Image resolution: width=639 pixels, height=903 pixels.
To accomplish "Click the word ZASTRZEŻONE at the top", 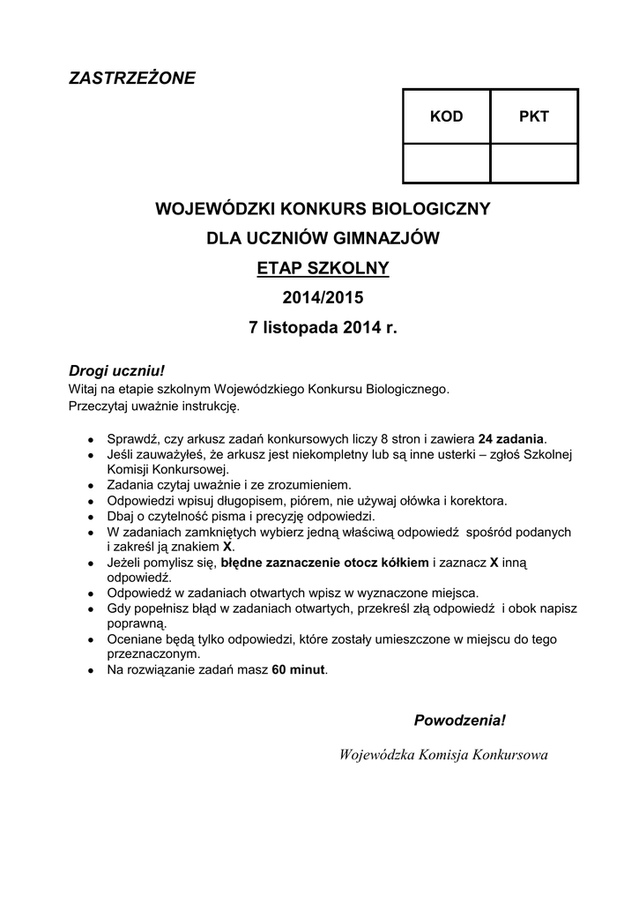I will tap(132, 78).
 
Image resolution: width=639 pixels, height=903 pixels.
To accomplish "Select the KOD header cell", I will tap(446, 117).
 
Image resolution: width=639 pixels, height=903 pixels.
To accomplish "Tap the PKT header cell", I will tap(533, 117).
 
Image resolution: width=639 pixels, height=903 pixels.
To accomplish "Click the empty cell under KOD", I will tap(446, 162).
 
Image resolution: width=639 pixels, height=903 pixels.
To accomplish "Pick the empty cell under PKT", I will tap(533, 162).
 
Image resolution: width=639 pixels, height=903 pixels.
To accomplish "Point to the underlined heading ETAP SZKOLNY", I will tap(322, 268).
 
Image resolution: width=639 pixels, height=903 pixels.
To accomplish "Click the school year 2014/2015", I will tap(322, 298).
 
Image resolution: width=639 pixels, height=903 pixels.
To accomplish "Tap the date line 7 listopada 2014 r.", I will tap(323, 328).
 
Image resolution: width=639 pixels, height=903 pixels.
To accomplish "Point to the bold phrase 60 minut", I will tap(299, 671).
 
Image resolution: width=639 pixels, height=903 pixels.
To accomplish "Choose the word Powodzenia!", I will tap(460, 720).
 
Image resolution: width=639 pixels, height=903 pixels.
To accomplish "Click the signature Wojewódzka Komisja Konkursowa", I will tap(443, 755).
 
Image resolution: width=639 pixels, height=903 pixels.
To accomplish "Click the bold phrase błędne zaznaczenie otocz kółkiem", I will tap(325, 562).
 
